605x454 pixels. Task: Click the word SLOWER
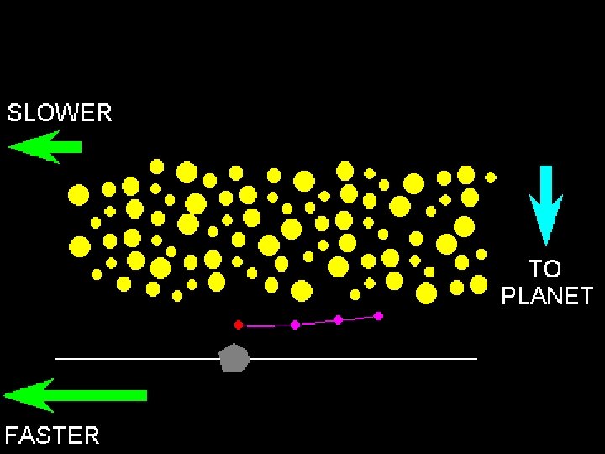pos(59,113)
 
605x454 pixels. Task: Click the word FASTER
pos(52,435)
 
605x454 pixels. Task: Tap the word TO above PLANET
pos(544,269)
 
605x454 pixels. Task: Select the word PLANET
pos(547,296)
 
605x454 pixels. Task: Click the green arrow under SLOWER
pos(45,147)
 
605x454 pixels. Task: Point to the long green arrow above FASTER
pos(76,395)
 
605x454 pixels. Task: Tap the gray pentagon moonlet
pos(234,358)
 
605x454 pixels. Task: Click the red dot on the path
pos(239,324)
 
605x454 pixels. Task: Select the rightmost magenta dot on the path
pos(378,316)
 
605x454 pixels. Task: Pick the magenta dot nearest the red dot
pos(295,325)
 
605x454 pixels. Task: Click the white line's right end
pos(476,359)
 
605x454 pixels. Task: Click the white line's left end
pos(56,359)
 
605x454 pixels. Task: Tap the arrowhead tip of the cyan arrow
pos(546,244)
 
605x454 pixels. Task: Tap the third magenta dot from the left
pos(338,319)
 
